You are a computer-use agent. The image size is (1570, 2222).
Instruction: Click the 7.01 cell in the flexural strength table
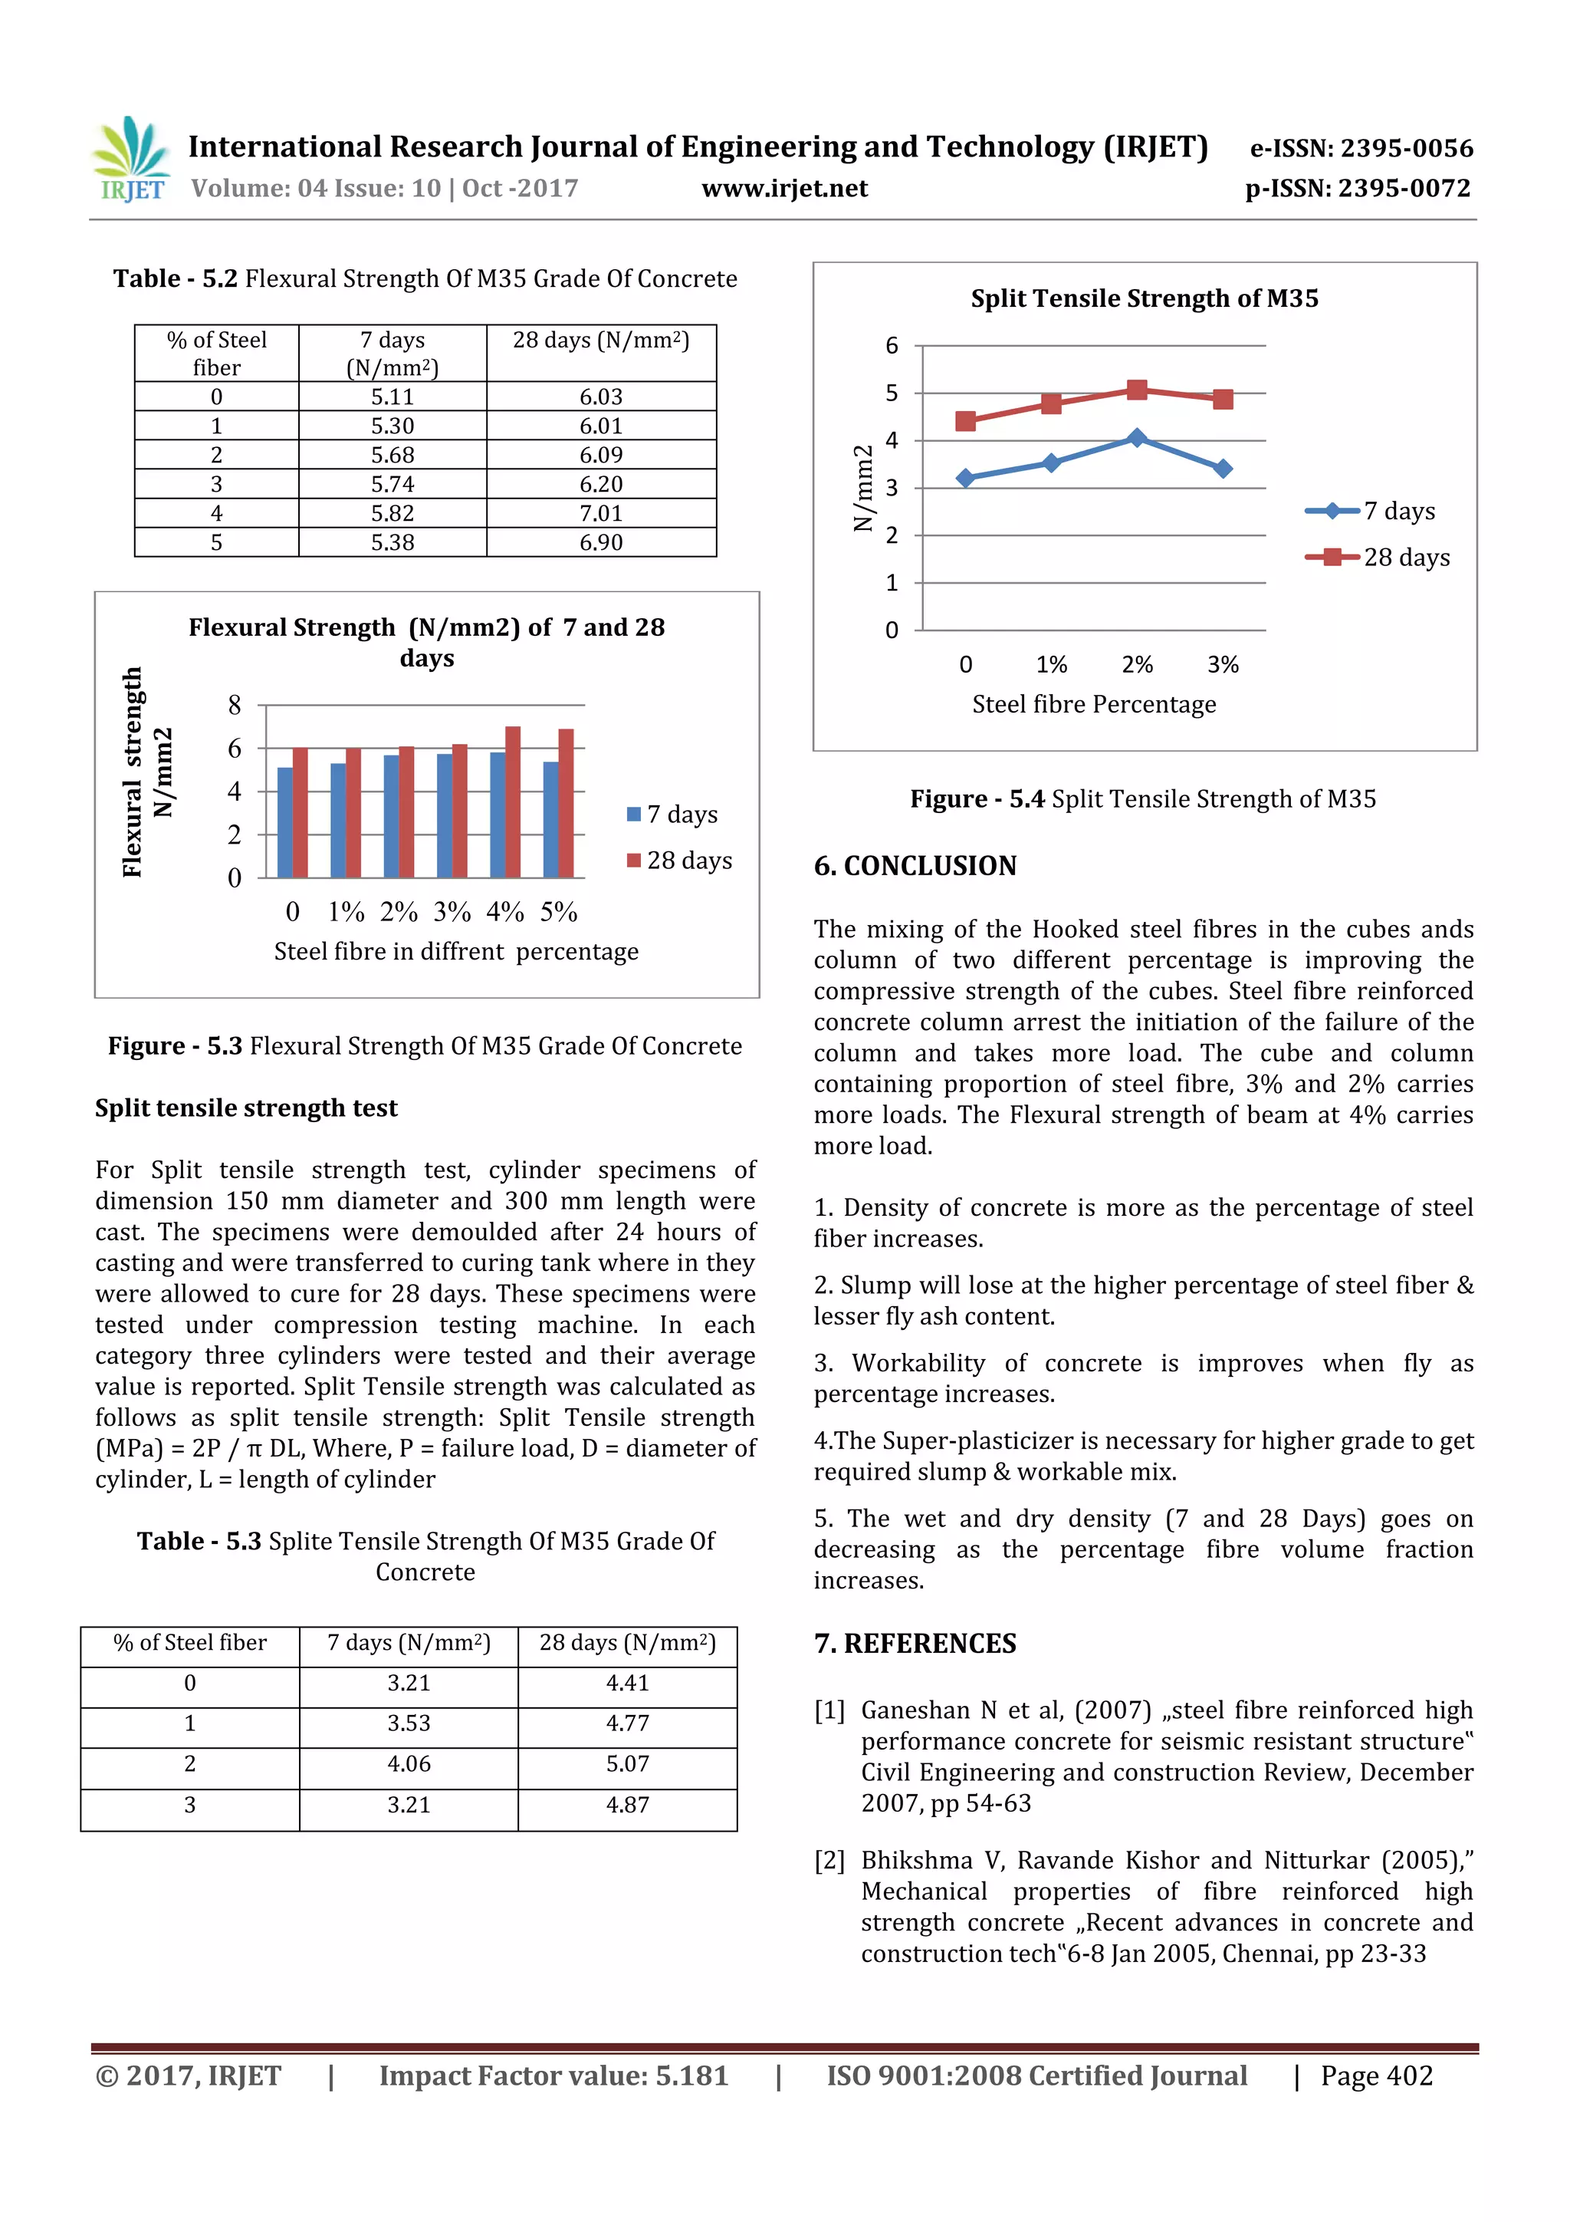(601, 513)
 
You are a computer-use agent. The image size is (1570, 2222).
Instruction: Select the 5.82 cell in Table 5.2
(392, 513)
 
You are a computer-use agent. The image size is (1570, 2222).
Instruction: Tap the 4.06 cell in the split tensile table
(409, 1763)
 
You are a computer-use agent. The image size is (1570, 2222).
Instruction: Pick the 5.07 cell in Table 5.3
(627, 1763)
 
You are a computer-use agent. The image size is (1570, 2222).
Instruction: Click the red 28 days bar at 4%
(513, 802)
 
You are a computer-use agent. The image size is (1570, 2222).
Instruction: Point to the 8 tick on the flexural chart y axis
(234, 706)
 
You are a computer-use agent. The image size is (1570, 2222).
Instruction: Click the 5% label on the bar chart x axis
(558, 912)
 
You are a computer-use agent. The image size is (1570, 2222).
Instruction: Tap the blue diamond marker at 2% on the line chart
(1138, 439)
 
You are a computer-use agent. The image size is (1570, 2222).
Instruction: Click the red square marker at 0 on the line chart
(965, 421)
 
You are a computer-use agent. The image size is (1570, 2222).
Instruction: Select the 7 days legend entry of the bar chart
(672, 814)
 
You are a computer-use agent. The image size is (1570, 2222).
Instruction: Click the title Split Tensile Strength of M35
(1145, 298)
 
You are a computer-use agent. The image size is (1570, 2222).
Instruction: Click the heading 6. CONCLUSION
(915, 865)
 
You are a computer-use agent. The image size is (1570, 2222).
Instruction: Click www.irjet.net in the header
(784, 188)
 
